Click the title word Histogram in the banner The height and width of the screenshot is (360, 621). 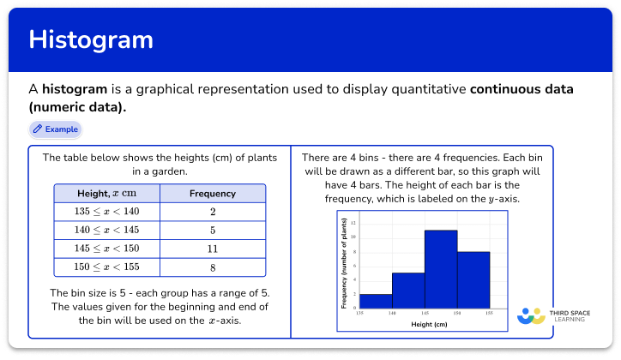[x=91, y=40]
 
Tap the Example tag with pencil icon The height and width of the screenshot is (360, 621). [x=55, y=129]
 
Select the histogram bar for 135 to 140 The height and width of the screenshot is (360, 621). [x=376, y=301]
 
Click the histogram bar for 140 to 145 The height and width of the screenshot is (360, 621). [x=408, y=291]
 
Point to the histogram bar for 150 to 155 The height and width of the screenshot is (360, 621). [x=473, y=279]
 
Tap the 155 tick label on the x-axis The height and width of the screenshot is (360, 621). [x=490, y=315]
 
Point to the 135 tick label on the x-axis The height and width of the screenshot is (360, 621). [x=360, y=315]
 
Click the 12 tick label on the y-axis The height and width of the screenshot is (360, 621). [x=353, y=222]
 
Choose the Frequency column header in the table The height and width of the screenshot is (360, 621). [x=212, y=194]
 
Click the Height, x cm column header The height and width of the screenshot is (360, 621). [x=106, y=194]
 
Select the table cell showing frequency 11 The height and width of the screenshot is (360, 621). [x=212, y=249]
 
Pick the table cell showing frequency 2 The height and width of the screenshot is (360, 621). [x=212, y=212]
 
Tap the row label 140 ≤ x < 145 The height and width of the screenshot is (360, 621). [x=106, y=231]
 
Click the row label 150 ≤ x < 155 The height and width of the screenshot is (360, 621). [x=106, y=267]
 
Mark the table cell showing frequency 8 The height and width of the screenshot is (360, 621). [x=212, y=267]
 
